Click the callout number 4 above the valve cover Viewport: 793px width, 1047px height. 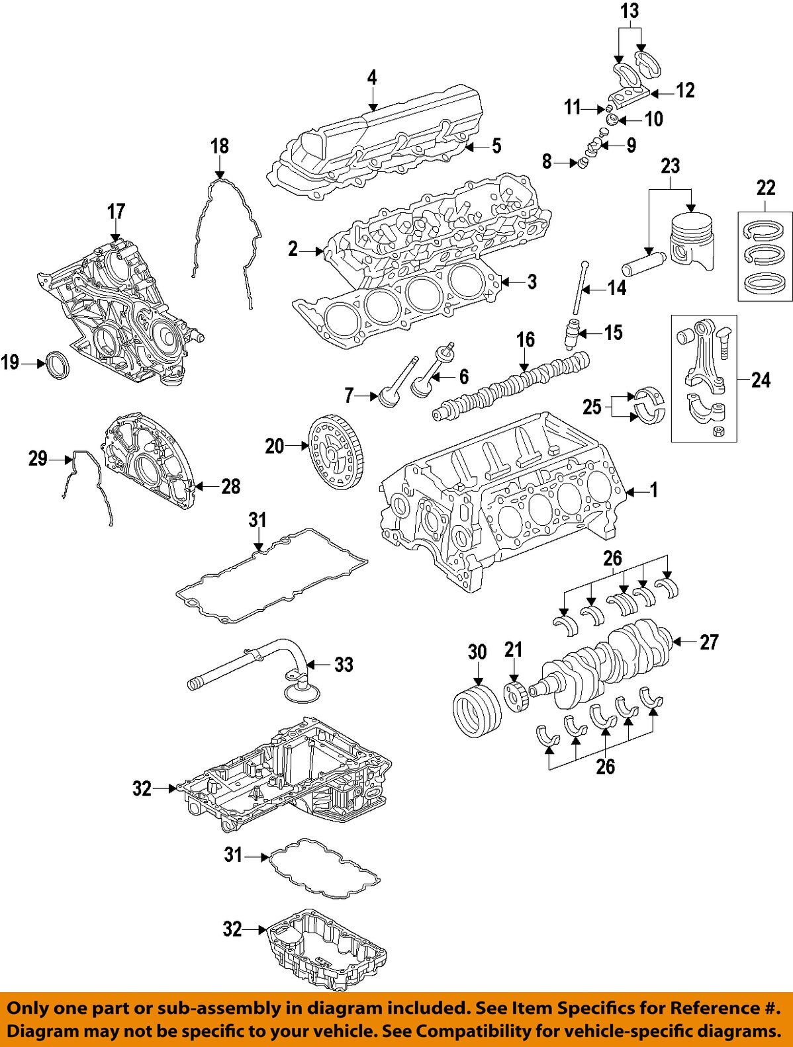[x=372, y=78]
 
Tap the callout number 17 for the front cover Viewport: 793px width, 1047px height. [x=116, y=212]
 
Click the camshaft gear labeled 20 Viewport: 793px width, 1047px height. [x=336, y=447]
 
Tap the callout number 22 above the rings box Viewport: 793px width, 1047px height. [x=765, y=188]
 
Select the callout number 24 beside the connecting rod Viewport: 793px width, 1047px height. [x=761, y=380]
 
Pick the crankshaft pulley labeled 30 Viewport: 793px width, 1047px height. [x=473, y=710]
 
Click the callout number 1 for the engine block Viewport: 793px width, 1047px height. [x=653, y=490]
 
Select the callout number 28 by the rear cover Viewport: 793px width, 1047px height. [x=230, y=487]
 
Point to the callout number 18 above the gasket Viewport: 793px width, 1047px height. [x=219, y=146]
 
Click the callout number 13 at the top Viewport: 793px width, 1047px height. [x=630, y=11]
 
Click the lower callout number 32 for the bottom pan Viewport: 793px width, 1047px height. [x=232, y=929]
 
